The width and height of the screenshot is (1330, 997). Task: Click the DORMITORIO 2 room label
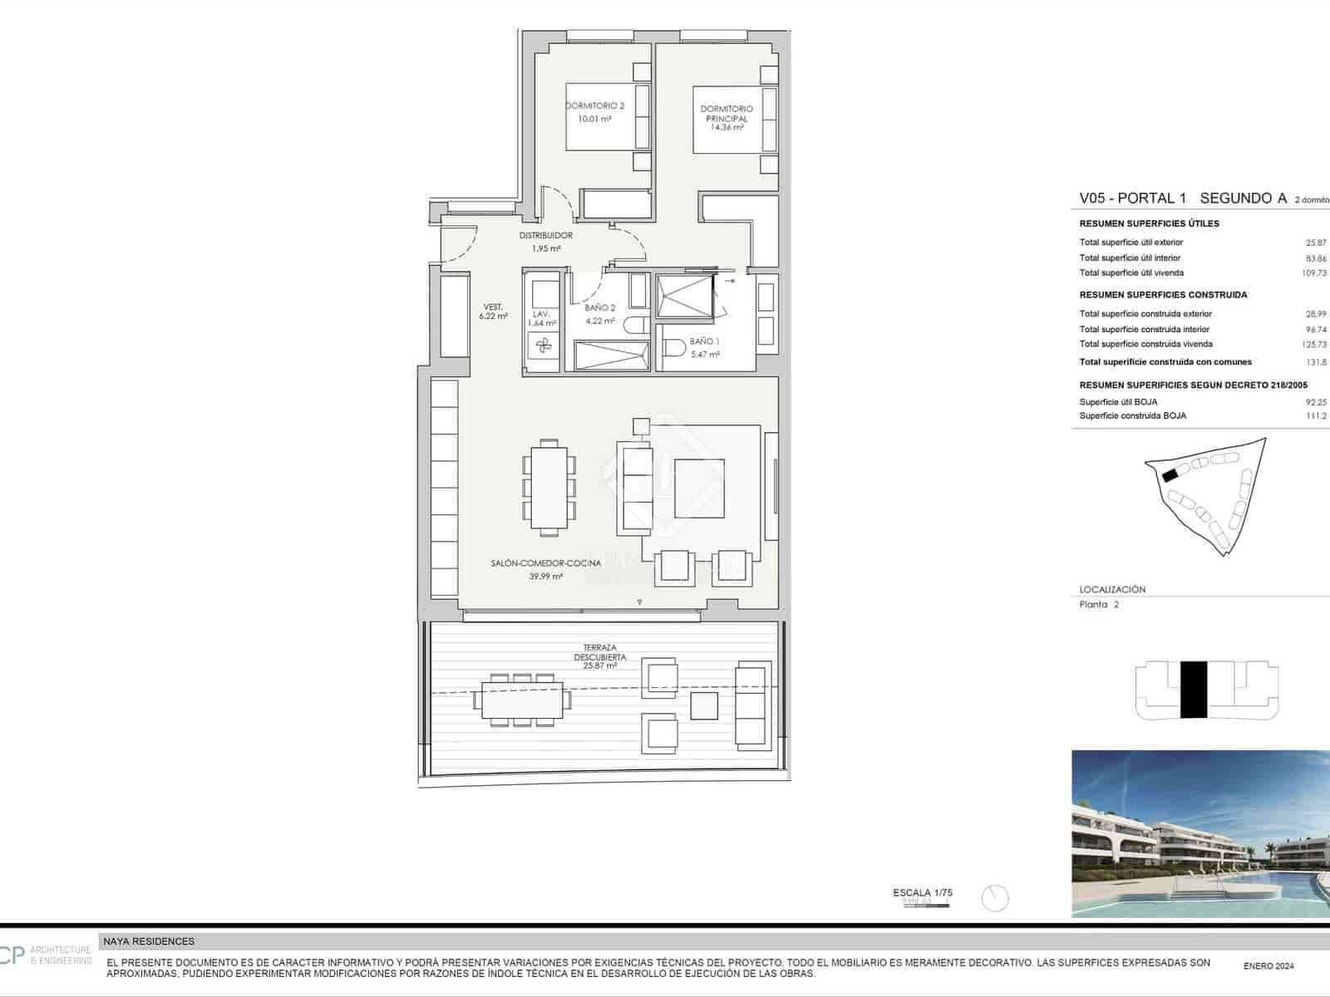click(594, 106)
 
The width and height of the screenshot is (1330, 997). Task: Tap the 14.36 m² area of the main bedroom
click(727, 128)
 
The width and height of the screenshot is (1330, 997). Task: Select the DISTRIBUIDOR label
click(546, 235)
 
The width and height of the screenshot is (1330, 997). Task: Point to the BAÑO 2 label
click(599, 308)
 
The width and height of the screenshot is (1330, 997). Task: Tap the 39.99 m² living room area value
click(545, 576)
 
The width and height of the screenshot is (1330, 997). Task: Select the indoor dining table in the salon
click(549, 488)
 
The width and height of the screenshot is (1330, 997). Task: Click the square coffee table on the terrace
click(704, 706)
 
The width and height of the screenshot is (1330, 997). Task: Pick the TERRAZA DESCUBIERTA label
click(599, 652)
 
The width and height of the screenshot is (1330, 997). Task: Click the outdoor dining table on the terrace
click(522, 700)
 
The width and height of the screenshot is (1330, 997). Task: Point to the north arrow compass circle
click(994, 898)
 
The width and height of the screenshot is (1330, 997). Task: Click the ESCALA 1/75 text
click(923, 893)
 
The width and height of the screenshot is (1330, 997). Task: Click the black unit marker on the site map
click(1170, 475)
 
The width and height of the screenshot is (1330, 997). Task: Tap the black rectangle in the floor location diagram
click(1194, 690)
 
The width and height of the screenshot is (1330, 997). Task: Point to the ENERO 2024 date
click(1268, 966)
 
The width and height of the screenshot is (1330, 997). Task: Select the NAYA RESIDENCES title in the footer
click(149, 941)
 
